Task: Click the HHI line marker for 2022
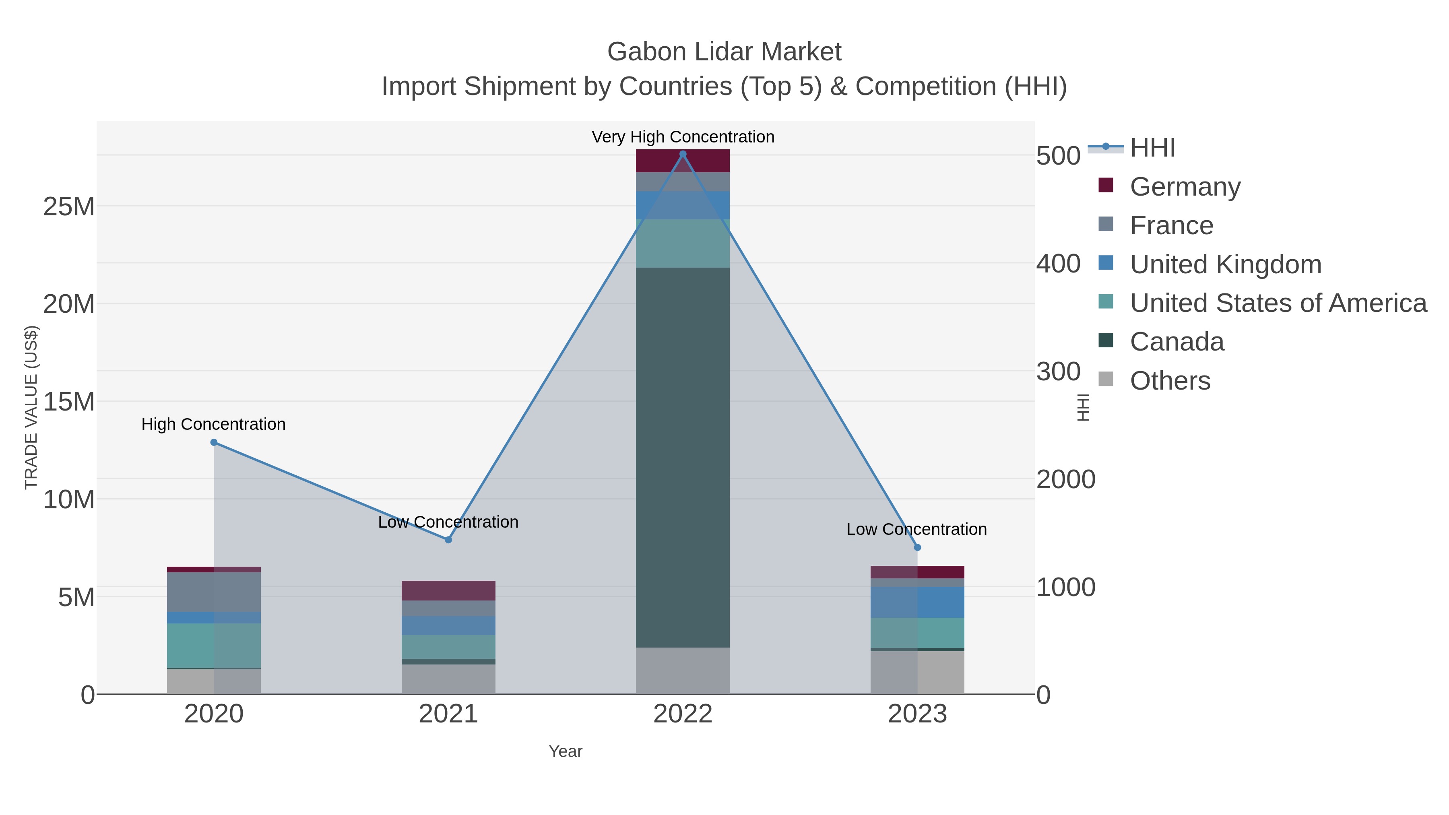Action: [x=683, y=154]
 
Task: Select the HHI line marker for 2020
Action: [x=214, y=443]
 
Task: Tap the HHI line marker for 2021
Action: [x=448, y=540]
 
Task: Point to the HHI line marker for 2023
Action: [x=917, y=547]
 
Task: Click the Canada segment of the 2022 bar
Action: [x=683, y=457]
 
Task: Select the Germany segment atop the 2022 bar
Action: [x=683, y=161]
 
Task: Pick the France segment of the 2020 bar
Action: [x=214, y=592]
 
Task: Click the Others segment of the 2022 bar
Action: [x=683, y=671]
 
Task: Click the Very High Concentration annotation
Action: [x=683, y=137]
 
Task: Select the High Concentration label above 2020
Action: [x=214, y=424]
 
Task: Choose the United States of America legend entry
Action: [x=1278, y=303]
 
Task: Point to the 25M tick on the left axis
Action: [x=68, y=206]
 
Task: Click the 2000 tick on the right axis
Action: [x=1065, y=479]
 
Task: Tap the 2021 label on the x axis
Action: [x=448, y=714]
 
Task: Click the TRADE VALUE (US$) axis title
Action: [x=31, y=407]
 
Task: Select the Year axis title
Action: [x=566, y=751]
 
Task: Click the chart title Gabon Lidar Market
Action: [x=724, y=52]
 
